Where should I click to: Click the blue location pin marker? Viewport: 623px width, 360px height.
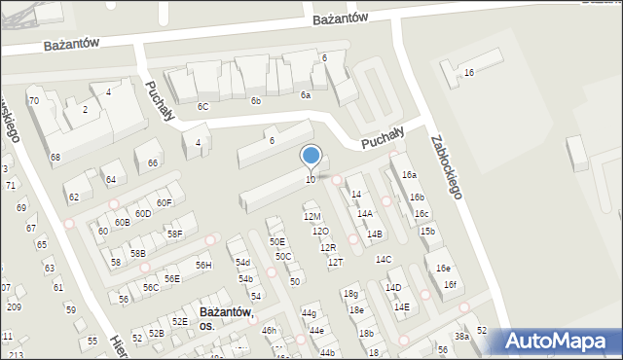click(x=311, y=157)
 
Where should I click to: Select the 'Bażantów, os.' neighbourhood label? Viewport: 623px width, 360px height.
click(x=225, y=319)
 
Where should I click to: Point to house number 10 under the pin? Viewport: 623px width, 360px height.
click(x=311, y=179)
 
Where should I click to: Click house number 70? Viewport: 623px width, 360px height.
click(x=33, y=100)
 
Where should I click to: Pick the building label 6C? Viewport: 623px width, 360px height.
click(x=202, y=106)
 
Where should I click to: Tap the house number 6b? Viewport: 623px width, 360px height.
click(x=255, y=101)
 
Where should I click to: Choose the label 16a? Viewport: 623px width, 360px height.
click(x=409, y=174)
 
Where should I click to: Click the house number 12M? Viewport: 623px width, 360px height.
click(x=311, y=216)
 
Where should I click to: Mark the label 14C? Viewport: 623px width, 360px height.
click(x=384, y=259)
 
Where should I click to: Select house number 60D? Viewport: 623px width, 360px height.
click(x=143, y=213)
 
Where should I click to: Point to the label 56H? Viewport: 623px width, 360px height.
click(x=203, y=265)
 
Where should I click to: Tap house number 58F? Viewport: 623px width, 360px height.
click(x=174, y=234)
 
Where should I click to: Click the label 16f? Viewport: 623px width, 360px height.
click(x=450, y=284)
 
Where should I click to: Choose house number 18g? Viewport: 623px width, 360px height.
click(x=350, y=294)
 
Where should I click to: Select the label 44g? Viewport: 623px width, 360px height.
click(x=309, y=313)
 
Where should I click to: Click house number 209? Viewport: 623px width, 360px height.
click(x=14, y=306)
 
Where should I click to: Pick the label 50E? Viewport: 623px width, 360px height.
click(x=277, y=241)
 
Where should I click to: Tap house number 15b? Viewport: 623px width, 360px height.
click(x=427, y=231)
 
